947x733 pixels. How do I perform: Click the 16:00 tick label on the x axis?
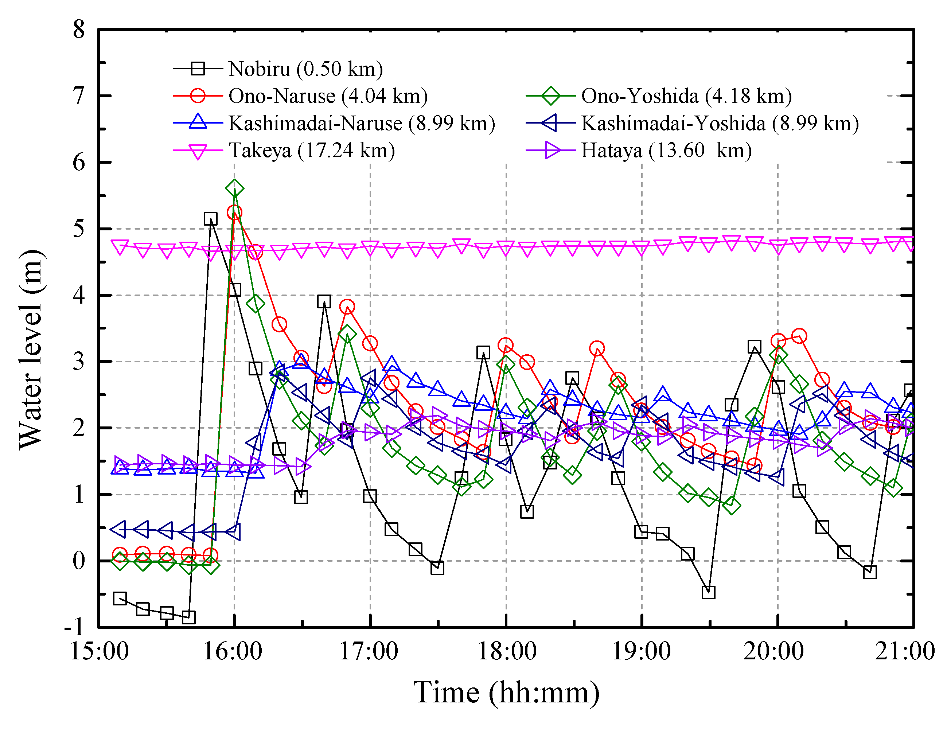[x=233, y=651]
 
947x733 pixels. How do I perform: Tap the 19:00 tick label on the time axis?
[x=641, y=651]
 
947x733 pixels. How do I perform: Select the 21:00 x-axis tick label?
[x=904, y=651]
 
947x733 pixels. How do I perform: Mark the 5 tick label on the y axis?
[x=79, y=229]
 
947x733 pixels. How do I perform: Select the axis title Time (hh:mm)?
[x=506, y=693]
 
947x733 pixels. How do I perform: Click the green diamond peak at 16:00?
[x=235, y=188]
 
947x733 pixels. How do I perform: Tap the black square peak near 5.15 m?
[x=210, y=219]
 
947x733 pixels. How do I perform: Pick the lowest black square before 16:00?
[x=188, y=617]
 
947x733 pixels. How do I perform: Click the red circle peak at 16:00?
[x=235, y=213]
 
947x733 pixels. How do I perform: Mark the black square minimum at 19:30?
[x=708, y=592]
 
